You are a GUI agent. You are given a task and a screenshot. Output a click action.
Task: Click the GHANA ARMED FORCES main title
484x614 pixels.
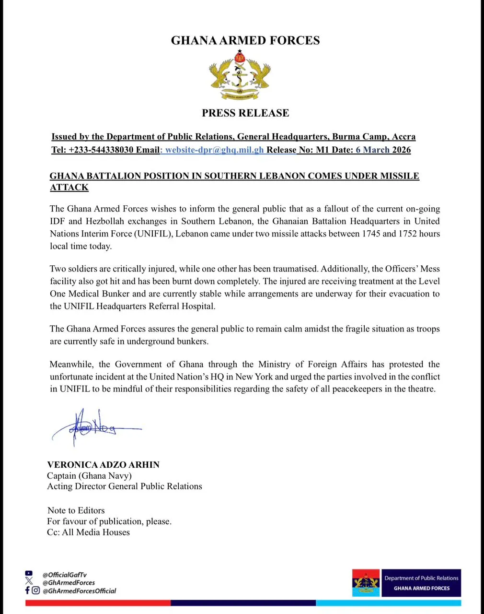[x=245, y=40]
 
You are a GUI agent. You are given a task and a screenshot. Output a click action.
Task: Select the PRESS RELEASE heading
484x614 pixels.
[x=245, y=113]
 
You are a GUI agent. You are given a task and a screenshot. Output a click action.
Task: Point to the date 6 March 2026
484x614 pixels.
[x=383, y=150]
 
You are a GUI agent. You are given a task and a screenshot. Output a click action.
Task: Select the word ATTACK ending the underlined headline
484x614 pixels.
[x=69, y=188]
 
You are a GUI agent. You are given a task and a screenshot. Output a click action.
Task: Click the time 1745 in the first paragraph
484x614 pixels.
[x=371, y=234]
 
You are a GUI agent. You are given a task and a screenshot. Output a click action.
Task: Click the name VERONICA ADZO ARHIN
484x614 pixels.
[x=103, y=464]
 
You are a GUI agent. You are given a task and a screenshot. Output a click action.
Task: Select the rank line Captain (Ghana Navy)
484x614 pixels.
[x=89, y=475]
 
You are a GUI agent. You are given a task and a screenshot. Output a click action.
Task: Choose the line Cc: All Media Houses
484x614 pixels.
[x=88, y=532]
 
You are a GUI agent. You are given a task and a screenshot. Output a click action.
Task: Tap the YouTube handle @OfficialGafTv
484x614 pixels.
[x=64, y=575]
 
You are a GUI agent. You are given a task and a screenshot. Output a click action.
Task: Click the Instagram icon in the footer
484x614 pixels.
[x=36, y=590]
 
